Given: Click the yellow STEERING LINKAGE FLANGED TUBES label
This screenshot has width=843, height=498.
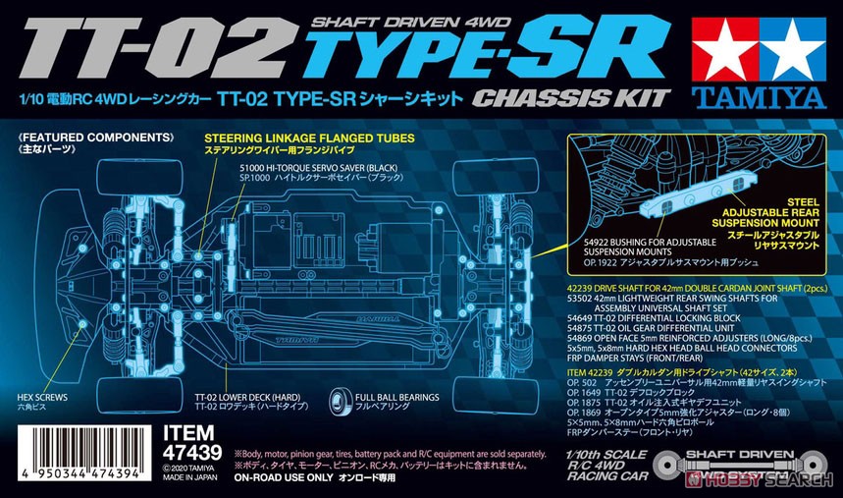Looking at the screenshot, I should coord(307,138).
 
